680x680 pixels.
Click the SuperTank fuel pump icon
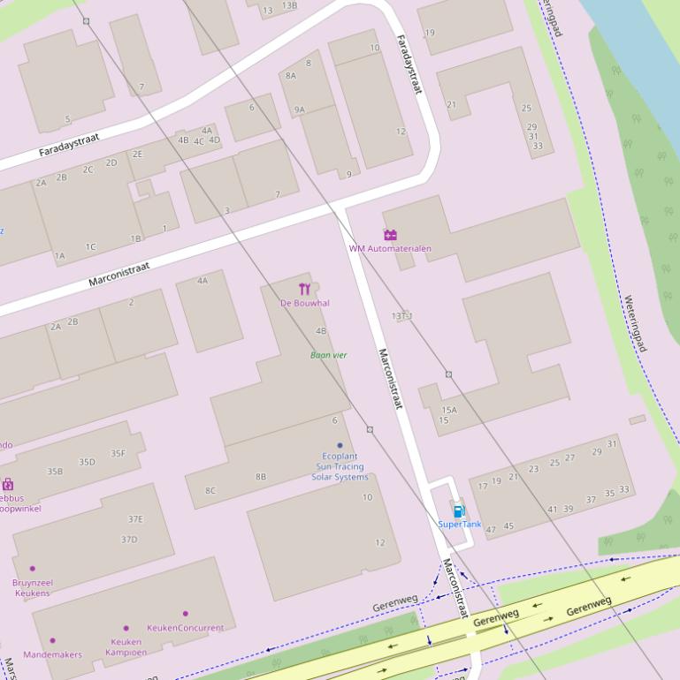point(458,510)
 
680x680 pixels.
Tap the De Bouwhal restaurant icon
point(305,289)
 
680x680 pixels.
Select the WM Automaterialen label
point(390,248)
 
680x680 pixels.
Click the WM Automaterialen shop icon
point(390,235)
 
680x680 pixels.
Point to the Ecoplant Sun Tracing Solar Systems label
point(340,466)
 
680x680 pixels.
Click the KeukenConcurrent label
point(186,628)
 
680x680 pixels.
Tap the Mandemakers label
point(52,654)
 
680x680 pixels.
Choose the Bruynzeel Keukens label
point(33,588)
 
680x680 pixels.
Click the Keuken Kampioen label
point(126,646)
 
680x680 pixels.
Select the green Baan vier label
point(328,355)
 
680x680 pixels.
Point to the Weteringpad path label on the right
point(635,323)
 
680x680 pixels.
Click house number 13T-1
point(402,315)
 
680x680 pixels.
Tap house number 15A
point(449,410)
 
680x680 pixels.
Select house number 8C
point(210,490)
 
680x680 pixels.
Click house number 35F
point(118,454)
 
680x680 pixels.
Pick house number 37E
point(135,519)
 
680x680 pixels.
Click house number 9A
point(300,110)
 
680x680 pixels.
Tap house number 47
point(491,530)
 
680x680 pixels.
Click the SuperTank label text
point(460,524)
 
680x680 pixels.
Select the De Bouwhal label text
point(305,303)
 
